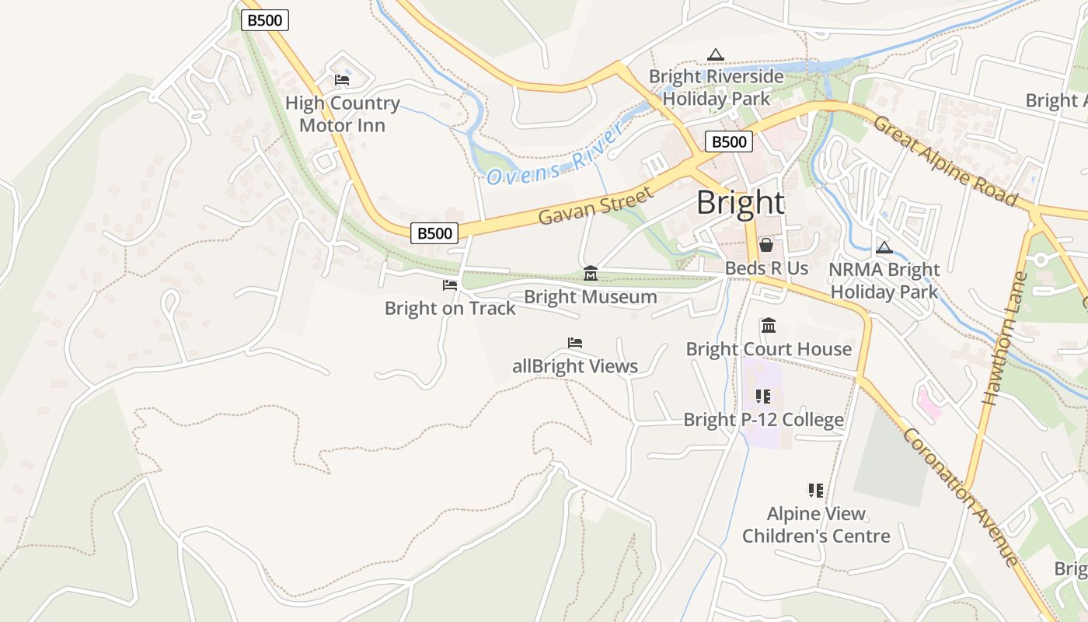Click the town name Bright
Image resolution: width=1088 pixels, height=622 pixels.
(740, 203)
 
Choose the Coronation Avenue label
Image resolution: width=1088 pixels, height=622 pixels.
(961, 498)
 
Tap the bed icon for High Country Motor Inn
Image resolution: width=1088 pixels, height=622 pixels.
(342, 80)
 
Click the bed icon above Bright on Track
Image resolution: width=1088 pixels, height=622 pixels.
(450, 285)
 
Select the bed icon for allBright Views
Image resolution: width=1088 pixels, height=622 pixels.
(575, 343)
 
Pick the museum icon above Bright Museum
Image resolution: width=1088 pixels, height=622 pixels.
(591, 273)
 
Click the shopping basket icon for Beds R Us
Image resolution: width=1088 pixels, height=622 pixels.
(766, 246)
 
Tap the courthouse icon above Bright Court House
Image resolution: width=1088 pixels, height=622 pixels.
(769, 325)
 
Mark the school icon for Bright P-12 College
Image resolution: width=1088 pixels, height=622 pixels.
(763, 397)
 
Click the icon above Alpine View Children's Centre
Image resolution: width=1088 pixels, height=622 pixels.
(815, 490)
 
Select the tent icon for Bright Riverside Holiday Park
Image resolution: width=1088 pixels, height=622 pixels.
(716, 54)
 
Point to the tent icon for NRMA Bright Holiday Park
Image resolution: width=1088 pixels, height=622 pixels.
(884, 248)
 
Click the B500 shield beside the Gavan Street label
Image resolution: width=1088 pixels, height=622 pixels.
(434, 232)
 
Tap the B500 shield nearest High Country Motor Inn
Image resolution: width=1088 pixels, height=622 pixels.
(264, 20)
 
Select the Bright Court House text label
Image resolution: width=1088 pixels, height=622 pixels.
(769, 349)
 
